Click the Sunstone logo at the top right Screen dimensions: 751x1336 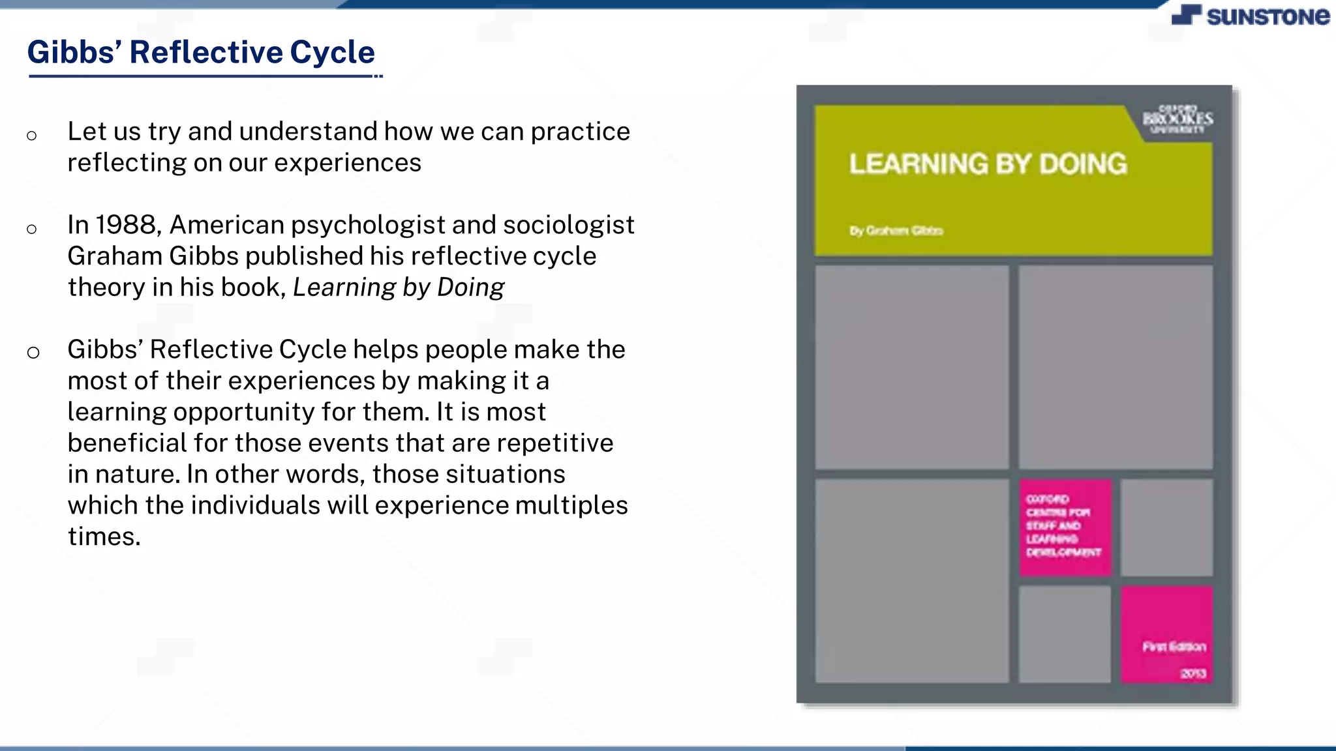(x=1250, y=16)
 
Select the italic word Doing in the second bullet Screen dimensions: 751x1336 (x=470, y=287)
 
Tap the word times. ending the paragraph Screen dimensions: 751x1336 (x=104, y=537)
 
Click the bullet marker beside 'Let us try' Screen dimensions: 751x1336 (x=32, y=136)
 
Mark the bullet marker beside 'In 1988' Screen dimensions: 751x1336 (x=32, y=229)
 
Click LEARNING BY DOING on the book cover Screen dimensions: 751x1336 (x=988, y=164)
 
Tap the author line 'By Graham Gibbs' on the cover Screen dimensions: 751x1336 (x=896, y=231)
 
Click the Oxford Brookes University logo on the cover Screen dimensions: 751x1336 (x=1177, y=119)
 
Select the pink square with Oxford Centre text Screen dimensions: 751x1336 (x=1065, y=527)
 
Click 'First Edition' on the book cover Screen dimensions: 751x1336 (x=1174, y=647)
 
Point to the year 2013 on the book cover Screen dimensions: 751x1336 (x=1193, y=673)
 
